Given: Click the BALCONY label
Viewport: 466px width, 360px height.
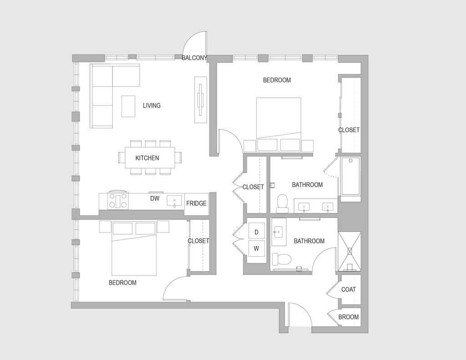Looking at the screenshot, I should click(194, 58).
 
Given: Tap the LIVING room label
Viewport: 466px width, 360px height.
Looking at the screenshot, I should click(152, 106).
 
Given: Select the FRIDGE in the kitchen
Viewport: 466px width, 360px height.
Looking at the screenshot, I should click(197, 203).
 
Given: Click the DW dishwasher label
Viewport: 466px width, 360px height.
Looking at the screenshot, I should click(155, 198).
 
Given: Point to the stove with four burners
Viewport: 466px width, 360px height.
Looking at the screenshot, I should click(118, 200).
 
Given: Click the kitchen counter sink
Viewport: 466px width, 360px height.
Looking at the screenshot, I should click(174, 201).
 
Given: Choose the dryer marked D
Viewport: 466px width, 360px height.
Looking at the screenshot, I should click(256, 232).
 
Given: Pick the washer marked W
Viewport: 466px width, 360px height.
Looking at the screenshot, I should click(256, 248).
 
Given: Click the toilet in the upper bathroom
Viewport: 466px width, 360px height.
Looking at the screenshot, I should click(283, 203).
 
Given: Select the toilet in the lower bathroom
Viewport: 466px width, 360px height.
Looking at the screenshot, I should click(282, 259).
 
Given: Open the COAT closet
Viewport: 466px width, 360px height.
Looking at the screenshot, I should click(349, 289).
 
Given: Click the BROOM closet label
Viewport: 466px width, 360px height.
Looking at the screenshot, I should click(349, 317).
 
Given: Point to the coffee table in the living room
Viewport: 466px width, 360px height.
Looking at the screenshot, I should click(128, 106).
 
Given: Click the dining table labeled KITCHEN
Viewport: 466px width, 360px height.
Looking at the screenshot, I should click(150, 157).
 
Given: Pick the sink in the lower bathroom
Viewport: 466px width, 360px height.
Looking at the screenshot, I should click(278, 232).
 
